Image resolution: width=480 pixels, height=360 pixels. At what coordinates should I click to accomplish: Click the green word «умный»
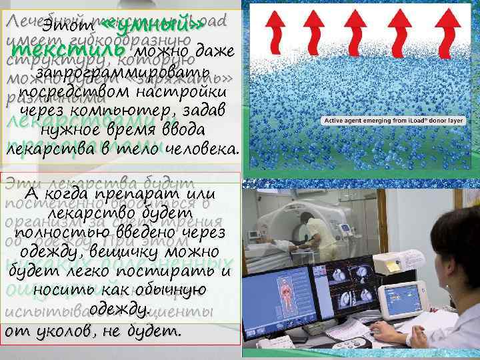point(151,26)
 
